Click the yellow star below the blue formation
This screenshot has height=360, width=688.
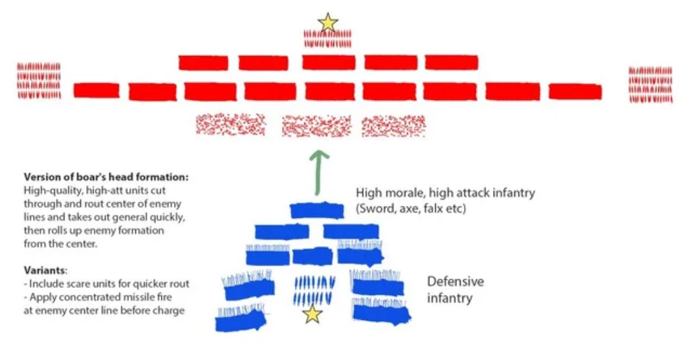[312, 315]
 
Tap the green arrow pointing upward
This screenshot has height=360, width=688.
[320, 171]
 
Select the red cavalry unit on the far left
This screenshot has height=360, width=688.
[38, 81]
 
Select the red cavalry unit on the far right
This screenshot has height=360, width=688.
[650, 85]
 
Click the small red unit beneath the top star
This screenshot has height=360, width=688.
[328, 40]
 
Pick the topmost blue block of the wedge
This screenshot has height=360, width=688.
[317, 210]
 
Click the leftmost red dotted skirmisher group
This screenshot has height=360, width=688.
[230, 124]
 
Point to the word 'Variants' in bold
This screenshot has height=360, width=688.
[43, 271]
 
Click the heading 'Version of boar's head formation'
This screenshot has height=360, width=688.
[105, 177]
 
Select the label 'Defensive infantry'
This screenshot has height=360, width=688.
[455, 290]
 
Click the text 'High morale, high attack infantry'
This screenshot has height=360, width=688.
[445, 193]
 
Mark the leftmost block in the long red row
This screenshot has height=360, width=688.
[96, 91]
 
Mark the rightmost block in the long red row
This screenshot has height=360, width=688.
[575, 91]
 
